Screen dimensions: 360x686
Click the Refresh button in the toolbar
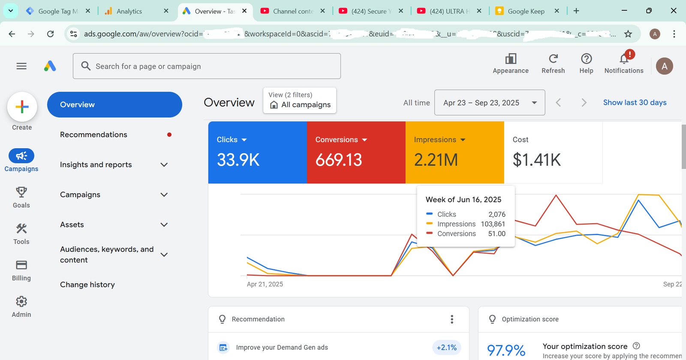click(x=553, y=59)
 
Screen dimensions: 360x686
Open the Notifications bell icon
click(x=624, y=59)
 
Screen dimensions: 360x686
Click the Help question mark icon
click(x=586, y=59)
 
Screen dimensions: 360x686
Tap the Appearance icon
click(x=511, y=59)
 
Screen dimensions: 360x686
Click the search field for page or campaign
click(x=207, y=66)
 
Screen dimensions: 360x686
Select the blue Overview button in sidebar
click(x=114, y=105)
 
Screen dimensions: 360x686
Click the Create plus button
click(x=22, y=107)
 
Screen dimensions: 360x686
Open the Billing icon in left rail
click(x=21, y=265)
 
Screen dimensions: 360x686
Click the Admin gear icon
click(x=21, y=302)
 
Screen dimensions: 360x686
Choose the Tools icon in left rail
click(x=21, y=228)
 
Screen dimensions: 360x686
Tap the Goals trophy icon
click(x=21, y=192)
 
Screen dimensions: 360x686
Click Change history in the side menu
click(x=87, y=285)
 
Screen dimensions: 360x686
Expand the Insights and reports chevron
click(x=164, y=165)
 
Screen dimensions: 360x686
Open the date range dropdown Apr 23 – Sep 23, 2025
click(x=490, y=103)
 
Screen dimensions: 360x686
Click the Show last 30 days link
click(x=635, y=102)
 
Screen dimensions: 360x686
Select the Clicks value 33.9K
click(x=238, y=160)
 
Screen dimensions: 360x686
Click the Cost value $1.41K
click(x=537, y=160)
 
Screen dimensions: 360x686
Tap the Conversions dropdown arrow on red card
click(x=364, y=140)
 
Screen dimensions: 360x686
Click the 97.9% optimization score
click(x=506, y=350)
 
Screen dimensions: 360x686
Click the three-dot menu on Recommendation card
click(x=452, y=319)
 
